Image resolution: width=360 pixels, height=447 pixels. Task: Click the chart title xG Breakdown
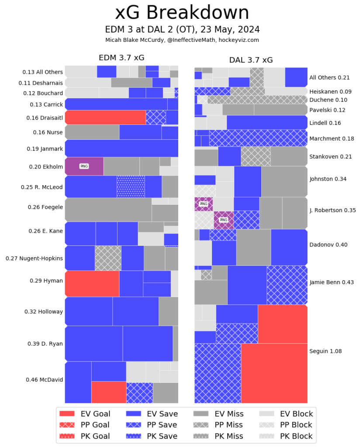[x=182, y=13]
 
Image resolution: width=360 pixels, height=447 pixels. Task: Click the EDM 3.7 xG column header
[x=121, y=58]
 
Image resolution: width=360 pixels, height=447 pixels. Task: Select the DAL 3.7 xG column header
[x=251, y=60]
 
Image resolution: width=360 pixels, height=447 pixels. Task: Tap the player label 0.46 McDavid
[x=44, y=380]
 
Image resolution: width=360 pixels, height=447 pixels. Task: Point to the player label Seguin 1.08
[x=325, y=351]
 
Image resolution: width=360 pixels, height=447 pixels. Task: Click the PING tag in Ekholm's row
[x=83, y=166]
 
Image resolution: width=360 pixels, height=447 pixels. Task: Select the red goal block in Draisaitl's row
[x=105, y=117]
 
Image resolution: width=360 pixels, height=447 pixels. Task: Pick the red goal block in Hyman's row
[x=92, y=283]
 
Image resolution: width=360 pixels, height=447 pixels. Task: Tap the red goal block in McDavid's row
[x=109, y=392]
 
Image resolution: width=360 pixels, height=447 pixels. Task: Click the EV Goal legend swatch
[x=67, y=414]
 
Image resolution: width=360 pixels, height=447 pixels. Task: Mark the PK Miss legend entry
[x=218, y=436]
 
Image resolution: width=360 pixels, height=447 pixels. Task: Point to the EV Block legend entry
[x=286, y=414]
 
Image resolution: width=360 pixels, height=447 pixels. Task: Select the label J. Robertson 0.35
[x=332, y=210]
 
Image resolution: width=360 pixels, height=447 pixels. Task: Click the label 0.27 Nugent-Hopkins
[x=35, y=258]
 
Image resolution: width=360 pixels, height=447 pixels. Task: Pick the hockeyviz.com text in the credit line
[x=239, y=40]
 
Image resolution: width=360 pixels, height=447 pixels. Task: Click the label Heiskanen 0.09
[x=330, y=92]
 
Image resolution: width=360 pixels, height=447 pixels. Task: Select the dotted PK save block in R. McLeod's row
[x=131, y=187]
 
